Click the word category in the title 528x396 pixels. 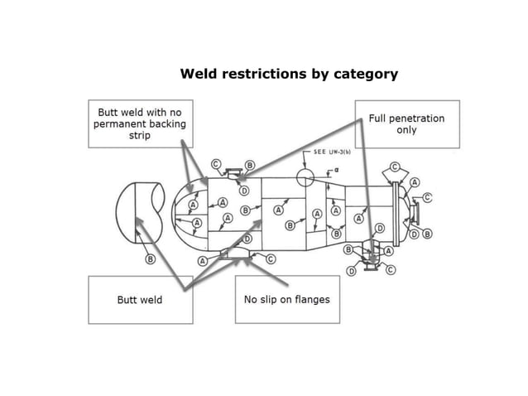[366, 74]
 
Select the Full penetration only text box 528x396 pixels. [407, 124]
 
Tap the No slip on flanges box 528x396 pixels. [287, 300]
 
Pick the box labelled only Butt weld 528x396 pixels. [141, 300]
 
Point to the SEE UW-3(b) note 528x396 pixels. [332, 152]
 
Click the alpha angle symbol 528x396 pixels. [336, 170]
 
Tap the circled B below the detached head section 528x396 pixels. [150, 259]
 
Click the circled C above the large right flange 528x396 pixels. [395, 167]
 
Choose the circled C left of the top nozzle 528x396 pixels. [216, 164]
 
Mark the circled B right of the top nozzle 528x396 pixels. [250, 165]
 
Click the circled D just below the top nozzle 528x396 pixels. [244, 191]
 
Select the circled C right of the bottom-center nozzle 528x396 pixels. [271, 258]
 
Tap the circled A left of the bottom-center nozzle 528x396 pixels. [203, 261]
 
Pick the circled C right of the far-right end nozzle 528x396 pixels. [427, 197]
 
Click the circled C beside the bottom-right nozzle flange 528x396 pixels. [391, 269]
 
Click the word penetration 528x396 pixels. [418, 118]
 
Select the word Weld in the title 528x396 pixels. [199, 74]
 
